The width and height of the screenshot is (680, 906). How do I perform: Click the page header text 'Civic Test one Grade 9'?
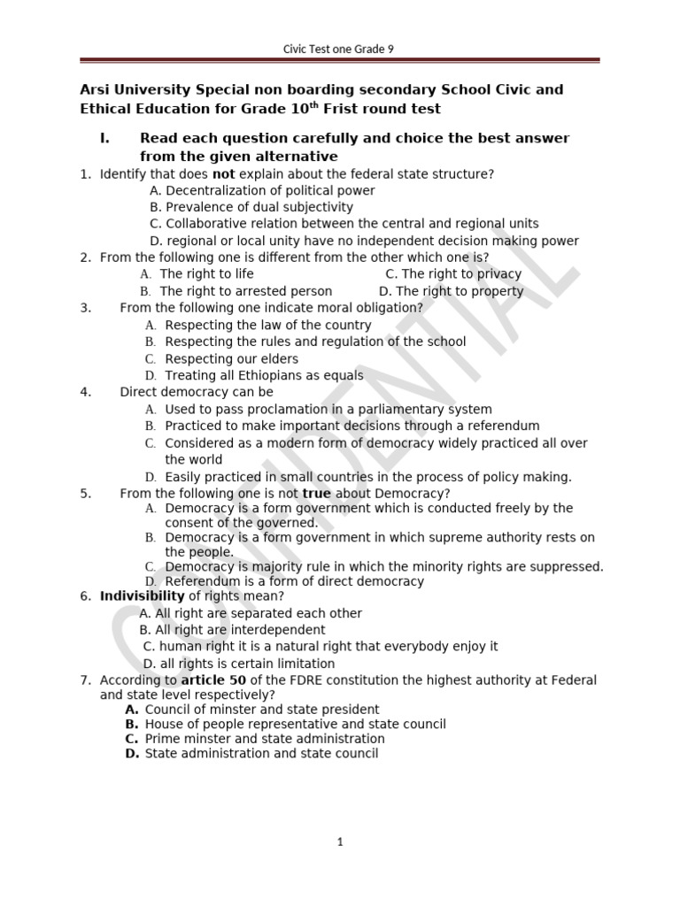point(340,50)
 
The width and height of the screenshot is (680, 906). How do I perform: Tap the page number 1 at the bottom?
point(340,842)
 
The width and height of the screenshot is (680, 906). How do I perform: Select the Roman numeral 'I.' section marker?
point(105,138)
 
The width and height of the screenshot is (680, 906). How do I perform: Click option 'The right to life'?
point(200,274)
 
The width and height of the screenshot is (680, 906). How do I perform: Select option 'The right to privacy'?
point(461,274)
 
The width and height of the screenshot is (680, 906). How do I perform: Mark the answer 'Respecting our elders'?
point(231,359)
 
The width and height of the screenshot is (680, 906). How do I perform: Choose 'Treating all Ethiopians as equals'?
point(264,376)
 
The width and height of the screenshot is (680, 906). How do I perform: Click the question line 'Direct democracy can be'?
point(197,392)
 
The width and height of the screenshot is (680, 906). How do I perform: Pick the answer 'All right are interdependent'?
point(240,630)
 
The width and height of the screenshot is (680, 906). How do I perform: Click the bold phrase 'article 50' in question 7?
point(212,680)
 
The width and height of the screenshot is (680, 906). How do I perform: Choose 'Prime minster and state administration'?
point(265,739)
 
